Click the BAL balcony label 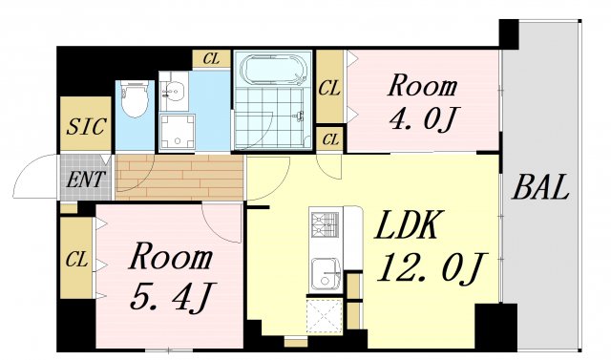539,187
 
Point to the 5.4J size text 169,295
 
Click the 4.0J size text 422,120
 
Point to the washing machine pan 176,132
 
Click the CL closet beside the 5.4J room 75,258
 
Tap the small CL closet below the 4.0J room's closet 330,139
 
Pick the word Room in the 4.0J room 421,86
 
